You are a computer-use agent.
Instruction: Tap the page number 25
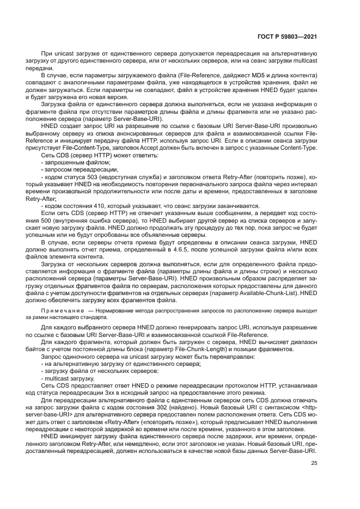pyautogui.click(x=314, y=463)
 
